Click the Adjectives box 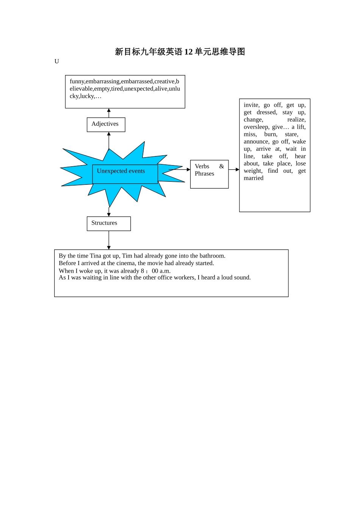click(x=106, y=124)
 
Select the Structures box click(x=109, y=223)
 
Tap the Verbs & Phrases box click(x=209, y=174)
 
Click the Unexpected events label click(x=121, y=171)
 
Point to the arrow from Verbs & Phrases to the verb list click(x=234, y=170)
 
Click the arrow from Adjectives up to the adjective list click(x=109, y=113)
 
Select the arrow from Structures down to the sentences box click(x=109, y=240)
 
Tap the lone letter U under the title click(x=56, y=61)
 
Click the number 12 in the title click(x=188, y=52)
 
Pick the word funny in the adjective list click(x=77, y=81)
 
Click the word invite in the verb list click(x=251, y=105)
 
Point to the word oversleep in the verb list click(x=256, y=127)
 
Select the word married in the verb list click(x=254, y=178)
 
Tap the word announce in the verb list click(x=256, y=142)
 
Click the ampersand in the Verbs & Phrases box click(x=222, y=167)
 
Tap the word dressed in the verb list click(x=267, y=112)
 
